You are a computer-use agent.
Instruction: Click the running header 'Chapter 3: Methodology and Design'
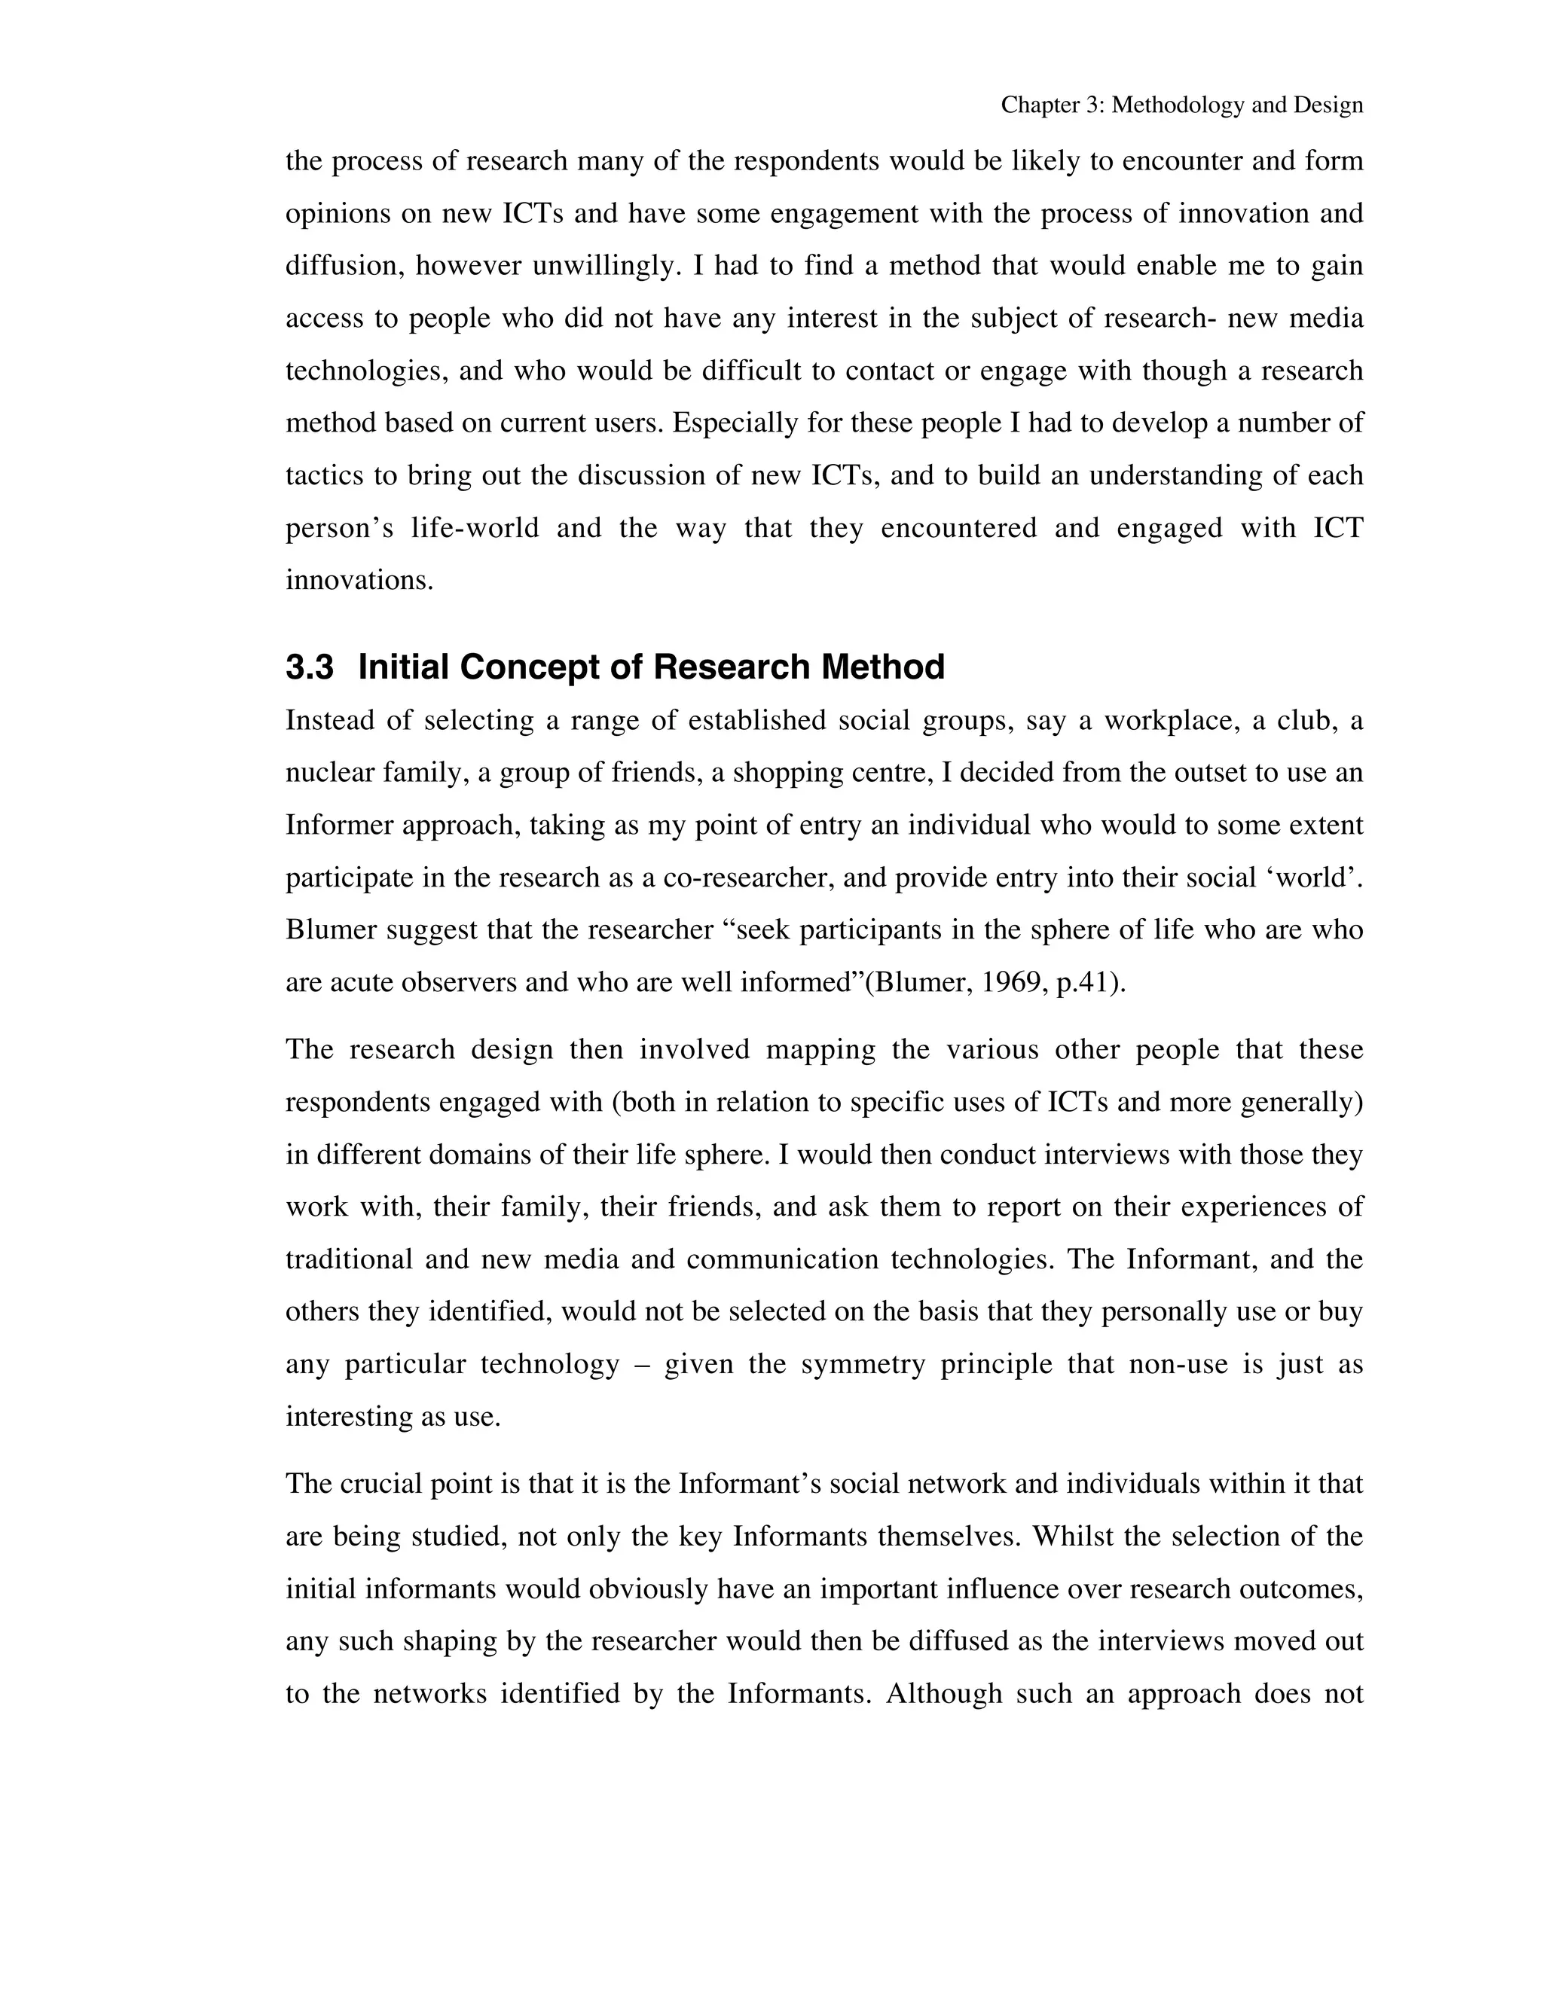pyautogui.click(x=1181, y=105)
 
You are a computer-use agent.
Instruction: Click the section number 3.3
pyautogui.click(x=309, y=668)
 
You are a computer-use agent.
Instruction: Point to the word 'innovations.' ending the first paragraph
pyautogui.click(x=359, y=580)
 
